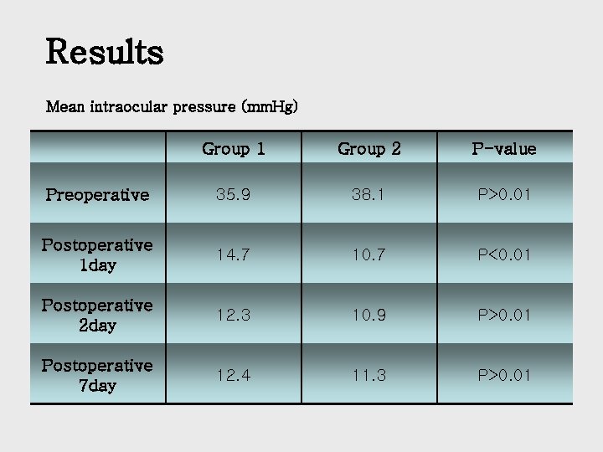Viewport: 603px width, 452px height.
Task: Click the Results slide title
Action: pos(105,51)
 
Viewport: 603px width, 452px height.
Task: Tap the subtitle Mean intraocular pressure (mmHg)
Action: pos(172,107)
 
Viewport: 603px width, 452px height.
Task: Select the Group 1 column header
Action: pos(234,149)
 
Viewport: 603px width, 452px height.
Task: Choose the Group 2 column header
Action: pos(369,149)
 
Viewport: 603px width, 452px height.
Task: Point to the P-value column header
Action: pos(504,149)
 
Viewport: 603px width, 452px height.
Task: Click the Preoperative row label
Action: pos(97,195)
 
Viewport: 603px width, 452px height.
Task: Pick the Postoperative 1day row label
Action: pos(97,254)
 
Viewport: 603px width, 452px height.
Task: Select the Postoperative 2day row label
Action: pos(97,315)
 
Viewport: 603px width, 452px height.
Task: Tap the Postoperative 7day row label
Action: pos(97,375)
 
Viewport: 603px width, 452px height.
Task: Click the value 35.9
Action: pos(234,195)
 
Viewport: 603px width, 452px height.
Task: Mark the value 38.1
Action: pos(369,195)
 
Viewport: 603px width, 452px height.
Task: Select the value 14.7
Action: pos(234,254)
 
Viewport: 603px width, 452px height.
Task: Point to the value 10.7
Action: pos(369,254)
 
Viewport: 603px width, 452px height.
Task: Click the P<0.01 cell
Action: pos(504,254)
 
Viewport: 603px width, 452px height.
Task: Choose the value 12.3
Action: pos(234,315)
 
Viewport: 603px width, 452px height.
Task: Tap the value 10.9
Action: pos(369,315)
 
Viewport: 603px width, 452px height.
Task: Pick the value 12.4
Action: pos(234,375)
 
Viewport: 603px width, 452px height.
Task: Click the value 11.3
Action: pos(369,375)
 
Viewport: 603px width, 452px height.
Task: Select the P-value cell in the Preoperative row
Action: pos(504,195)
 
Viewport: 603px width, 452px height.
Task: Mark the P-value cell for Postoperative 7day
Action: pos(504,375)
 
